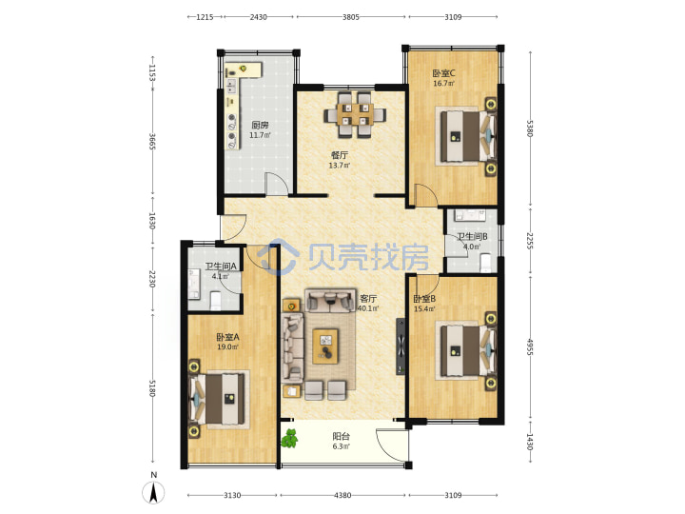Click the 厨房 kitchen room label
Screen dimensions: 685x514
(x=260, y=126)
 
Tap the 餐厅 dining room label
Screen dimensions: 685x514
(x=340, y=155)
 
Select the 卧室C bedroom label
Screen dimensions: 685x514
(x=444, y=73)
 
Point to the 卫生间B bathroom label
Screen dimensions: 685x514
(x=472, y=236)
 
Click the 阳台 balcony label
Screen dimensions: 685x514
(x=342, y=436)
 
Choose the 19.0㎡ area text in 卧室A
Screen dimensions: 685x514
(x=227, y=347)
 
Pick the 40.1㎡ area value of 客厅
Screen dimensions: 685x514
(x=368, y=308)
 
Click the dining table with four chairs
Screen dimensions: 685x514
(x=355, y=114)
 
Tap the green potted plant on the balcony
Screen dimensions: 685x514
(x=289, y=438)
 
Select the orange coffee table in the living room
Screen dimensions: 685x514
(x=325, y=346)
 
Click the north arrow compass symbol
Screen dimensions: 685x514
(x=153, y=493)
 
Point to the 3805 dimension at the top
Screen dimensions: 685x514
(x=351, y=17)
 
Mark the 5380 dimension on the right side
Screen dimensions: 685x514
(x=530, y=128)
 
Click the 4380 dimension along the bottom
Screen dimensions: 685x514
(x=342, y=495)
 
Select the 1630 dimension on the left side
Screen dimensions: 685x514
(x=152, y=221)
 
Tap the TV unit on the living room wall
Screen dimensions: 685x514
(x=401, y=346)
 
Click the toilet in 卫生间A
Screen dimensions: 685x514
(x=216, y=301)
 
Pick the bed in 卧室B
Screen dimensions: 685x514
(x=467, y=350)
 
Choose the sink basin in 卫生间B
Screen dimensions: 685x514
(x=470, y=215)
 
